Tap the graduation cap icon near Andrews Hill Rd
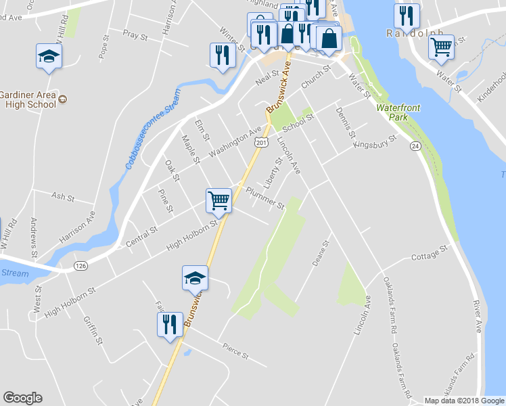click(x=49, y=55)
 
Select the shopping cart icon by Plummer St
click(x=218, y=200)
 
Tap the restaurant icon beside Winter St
click(x=222, y=55)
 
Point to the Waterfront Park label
click(x=394, y=112)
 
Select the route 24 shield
click(x=415, y=146)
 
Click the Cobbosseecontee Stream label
click(x=152, y=129)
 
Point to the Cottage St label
click(x=430, y=253)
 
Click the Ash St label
click(x=62, y=196)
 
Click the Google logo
click(x=22, y=398)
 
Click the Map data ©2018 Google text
click(x=464, y=401)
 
